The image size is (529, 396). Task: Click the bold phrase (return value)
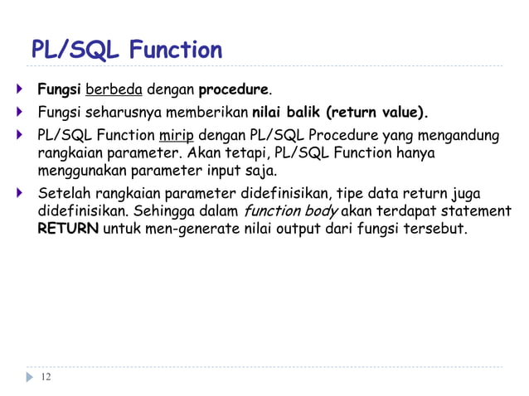[378, 112]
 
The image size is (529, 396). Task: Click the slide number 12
[45, 378]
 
